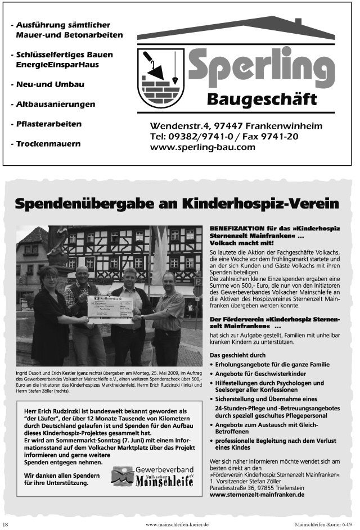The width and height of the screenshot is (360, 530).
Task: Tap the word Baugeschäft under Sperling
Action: tap(262, 99)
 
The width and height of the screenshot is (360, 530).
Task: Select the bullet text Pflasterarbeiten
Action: tap(48, 124)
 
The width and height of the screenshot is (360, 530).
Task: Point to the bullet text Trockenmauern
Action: tap(48, 143)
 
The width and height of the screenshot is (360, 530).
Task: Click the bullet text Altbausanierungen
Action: tap(55, 104)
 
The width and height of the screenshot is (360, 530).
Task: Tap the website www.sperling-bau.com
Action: tap(202, 147)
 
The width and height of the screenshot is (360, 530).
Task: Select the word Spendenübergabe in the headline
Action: tap(88, 203)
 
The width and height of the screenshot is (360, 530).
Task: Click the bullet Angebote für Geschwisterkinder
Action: tap(261, 374)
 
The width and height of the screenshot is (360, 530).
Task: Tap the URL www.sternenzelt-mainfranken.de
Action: tap(257, 495)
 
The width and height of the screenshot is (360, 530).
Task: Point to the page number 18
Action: tap(6, 524)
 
